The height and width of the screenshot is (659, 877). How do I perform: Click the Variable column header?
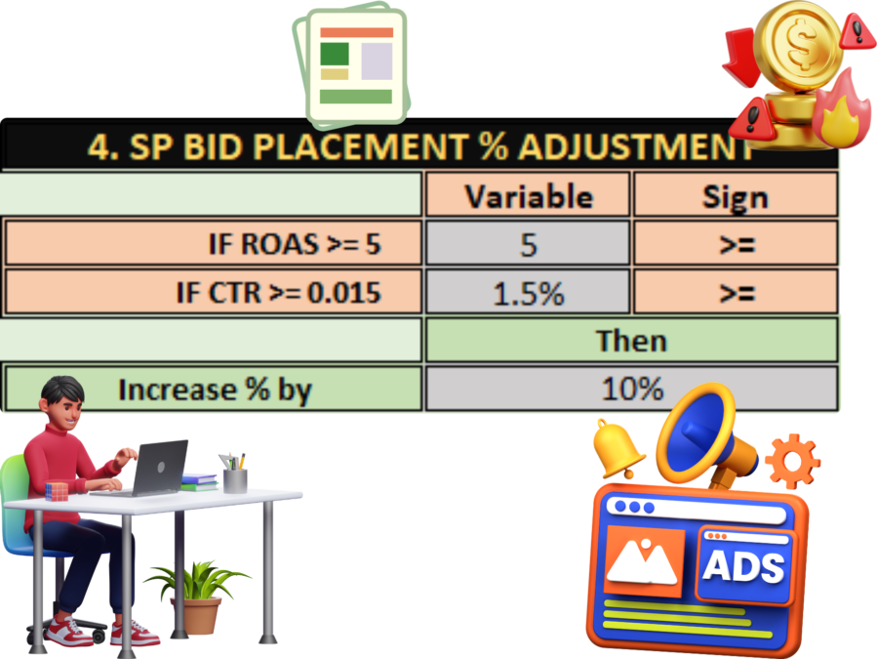[x=528, y=195]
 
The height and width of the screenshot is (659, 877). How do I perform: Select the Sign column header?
[x=736, y=195]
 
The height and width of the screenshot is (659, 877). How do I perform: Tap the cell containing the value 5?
[x=528, y=243]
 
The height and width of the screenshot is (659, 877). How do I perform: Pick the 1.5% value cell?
[x=528, y=292]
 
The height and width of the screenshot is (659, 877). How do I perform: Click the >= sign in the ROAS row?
[x=737, y=243]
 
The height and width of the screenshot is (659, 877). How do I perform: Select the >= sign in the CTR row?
[x=737, y=292]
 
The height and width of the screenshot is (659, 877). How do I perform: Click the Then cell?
[x=631, y=341]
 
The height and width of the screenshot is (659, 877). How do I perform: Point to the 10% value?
[x=632, y=389]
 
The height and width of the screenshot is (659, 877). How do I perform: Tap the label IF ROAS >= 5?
[x=295, y=244]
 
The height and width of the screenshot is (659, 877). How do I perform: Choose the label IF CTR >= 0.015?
[x=279, y=292]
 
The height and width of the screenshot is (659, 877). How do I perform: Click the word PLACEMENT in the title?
[x=360, y=146]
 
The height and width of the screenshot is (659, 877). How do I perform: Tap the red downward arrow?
[x=741, y=57]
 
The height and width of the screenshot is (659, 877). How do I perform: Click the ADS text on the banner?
[x=743, y=566]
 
